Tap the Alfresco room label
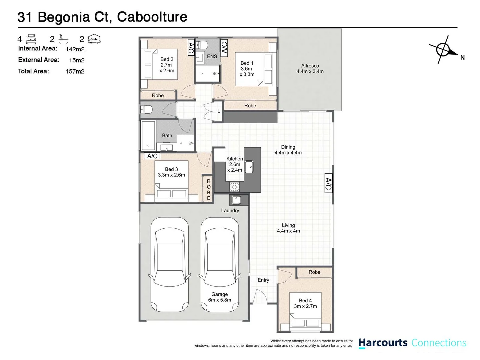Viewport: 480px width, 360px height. (x=310, y=68)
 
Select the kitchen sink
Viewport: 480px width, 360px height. (x=249, y=166)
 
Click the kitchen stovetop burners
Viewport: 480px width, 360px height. (x=234, y=187)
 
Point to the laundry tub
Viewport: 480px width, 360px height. (x=236, y=200)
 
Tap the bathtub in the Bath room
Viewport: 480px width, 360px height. (x=148, y=135)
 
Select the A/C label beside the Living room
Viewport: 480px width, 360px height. (x=328, y=183)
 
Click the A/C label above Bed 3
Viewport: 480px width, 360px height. (x=152, y=156)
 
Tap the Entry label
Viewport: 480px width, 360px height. (x=263, y=280)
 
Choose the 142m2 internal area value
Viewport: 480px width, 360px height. (x=75, y=49)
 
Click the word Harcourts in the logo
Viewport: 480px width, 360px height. (x=383, y=343)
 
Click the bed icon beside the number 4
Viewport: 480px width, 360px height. (x=31, y=39)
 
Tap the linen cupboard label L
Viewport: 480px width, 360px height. (x=219, y=111)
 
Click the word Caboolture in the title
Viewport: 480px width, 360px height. (x=152, y=17)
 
